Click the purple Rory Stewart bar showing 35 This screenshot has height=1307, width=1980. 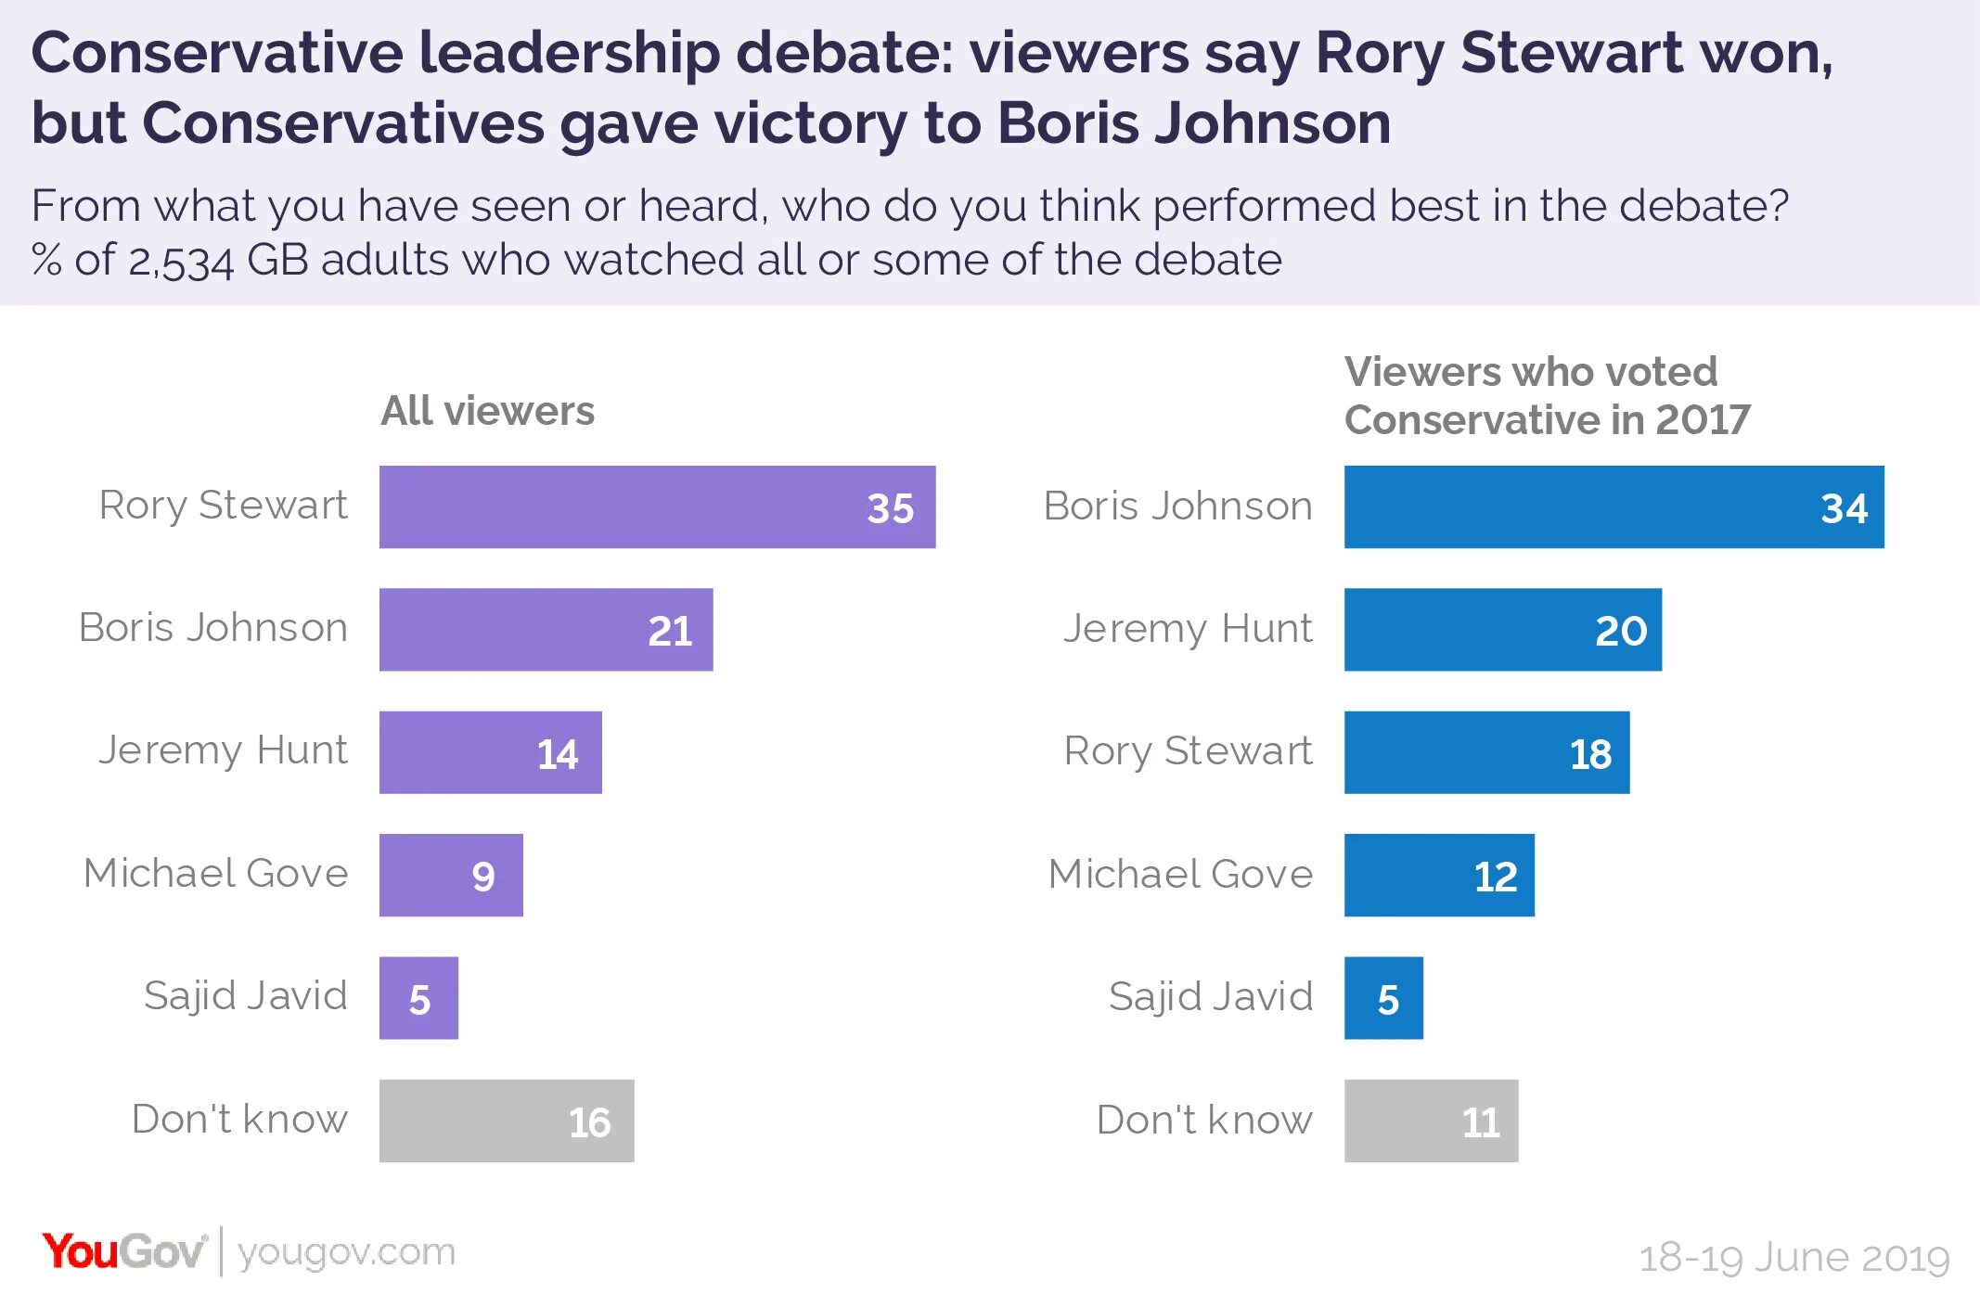[657, 506]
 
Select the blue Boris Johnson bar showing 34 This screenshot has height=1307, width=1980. [1614, 506]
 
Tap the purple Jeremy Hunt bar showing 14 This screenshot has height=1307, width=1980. [490, 752]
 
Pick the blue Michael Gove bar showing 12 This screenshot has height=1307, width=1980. [1438, 875]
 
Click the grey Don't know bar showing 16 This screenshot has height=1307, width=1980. [507, 1121]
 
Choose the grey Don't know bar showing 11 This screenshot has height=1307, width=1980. [1431, 1121]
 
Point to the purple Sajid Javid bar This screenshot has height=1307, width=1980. [418, 998]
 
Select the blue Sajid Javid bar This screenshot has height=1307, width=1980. [1383, 998]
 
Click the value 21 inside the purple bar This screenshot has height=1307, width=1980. [670, 631]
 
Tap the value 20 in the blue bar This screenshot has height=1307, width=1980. [1621, 631]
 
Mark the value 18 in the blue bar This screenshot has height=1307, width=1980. [1590, 754]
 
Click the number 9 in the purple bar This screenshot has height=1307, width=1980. [483, 877]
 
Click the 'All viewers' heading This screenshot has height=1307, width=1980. [488, 411]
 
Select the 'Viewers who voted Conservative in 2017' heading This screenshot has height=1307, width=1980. [1547, 396]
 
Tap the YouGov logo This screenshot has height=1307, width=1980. [123, 1251]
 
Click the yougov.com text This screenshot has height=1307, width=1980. [347, 1252]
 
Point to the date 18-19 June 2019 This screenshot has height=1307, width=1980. [1794, 1258]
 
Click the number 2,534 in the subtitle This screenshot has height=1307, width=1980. [181, 261]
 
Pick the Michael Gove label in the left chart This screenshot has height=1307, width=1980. [215, 873]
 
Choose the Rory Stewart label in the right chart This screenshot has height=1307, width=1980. [1188, 750]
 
